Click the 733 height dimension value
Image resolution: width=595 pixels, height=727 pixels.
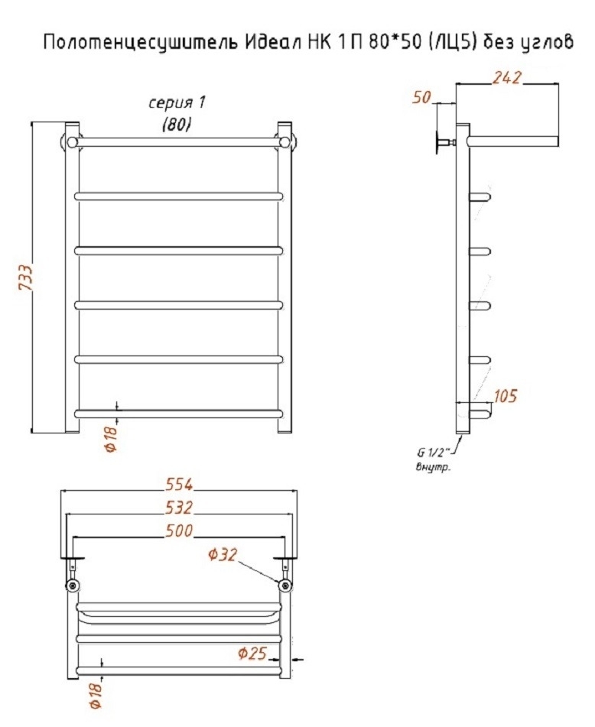(25, 277)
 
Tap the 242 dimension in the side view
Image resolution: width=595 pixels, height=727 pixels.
(507, 77)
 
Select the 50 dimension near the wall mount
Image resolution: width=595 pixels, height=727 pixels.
(421, 97)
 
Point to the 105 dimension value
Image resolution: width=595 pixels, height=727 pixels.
(505, 396)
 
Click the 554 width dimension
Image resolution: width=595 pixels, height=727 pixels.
(179, 484)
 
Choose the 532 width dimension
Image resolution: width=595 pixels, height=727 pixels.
(179, 508)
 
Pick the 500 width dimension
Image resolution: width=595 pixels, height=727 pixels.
(179, 531)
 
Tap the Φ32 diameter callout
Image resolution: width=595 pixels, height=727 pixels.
(223, 554)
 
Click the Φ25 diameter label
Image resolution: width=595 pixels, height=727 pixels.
(252, 654)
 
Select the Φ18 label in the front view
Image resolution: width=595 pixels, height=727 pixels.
(112, 439)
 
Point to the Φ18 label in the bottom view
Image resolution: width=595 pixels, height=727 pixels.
(96, 696)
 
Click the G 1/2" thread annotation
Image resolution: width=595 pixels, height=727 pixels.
(431, 453)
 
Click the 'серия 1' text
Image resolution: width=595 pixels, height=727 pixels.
(177, 102)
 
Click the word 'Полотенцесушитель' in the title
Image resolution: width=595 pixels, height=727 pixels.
(140, 43)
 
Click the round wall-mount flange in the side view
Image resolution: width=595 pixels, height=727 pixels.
(437, 142)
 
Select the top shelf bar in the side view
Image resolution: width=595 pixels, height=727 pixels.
(512, 141)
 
